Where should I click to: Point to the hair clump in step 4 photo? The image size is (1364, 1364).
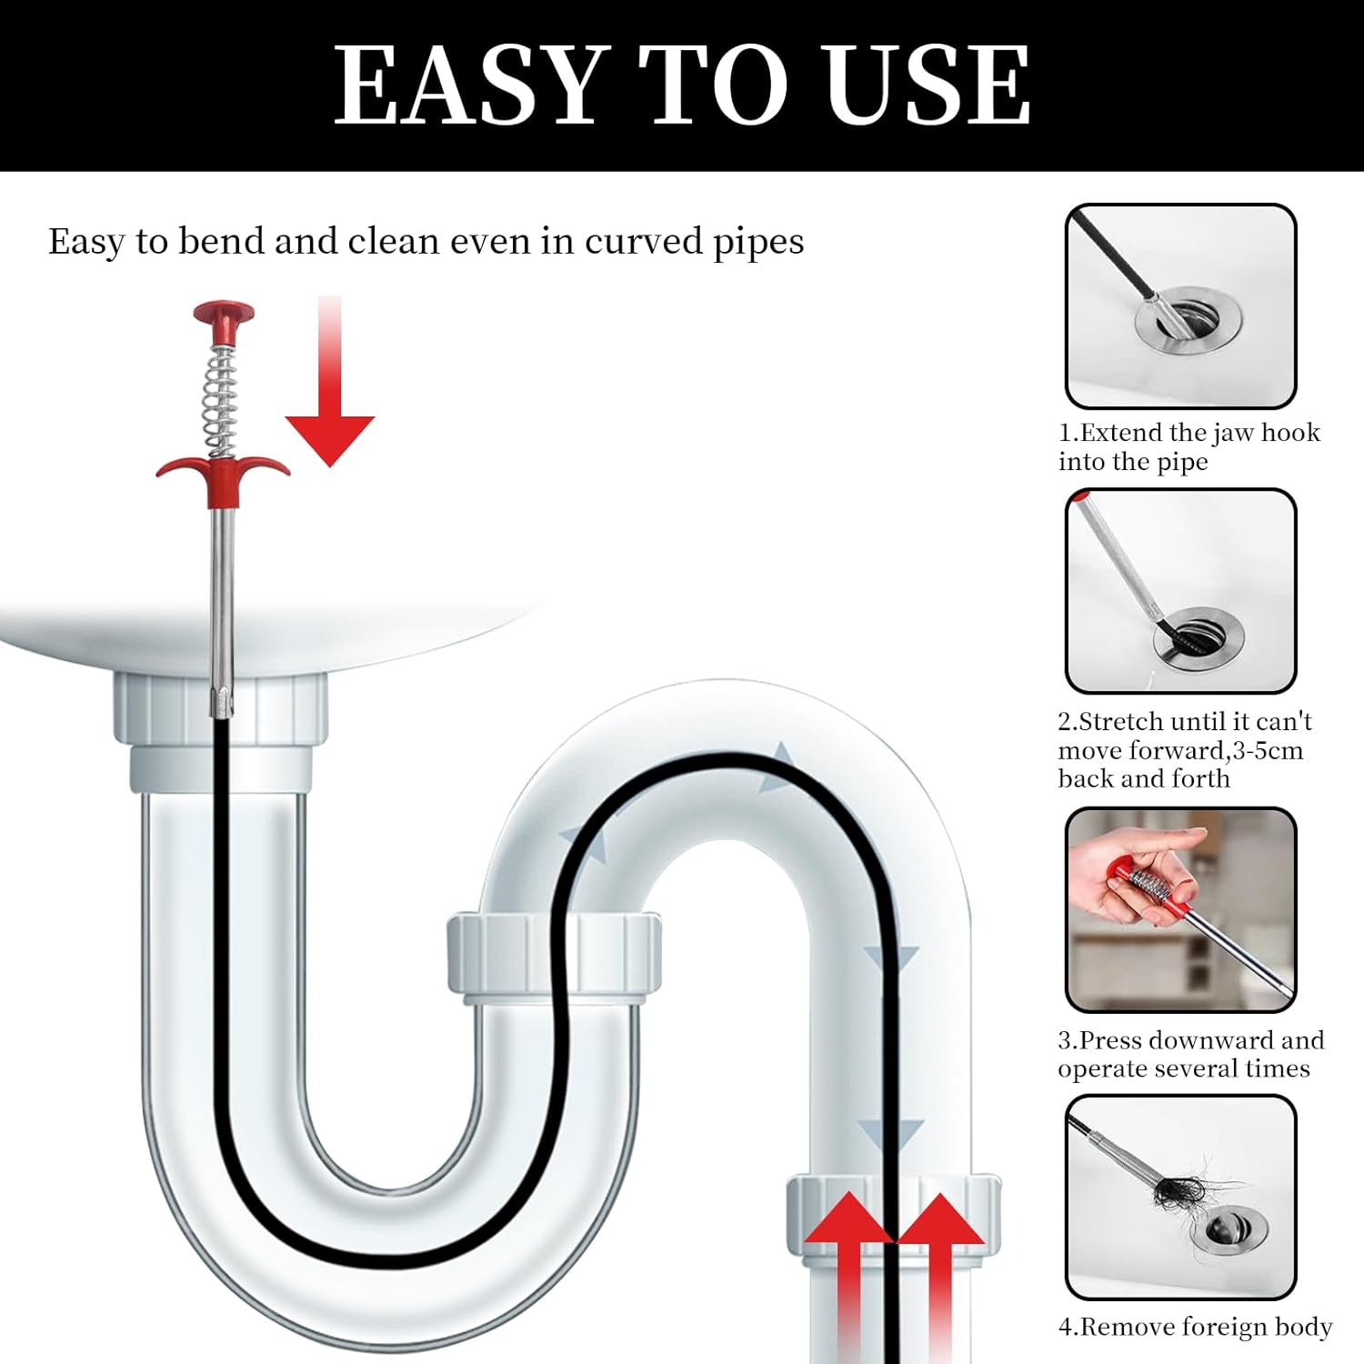tap(1182, 1187)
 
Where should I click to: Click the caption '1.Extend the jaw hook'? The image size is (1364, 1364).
tap(1188, 433)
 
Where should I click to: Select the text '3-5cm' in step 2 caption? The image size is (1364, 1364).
tap(1268, 751)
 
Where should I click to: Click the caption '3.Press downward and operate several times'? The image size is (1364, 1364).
tap(1189, 1054)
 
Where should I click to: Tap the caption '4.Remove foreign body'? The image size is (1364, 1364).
tap(1195, 1328)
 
